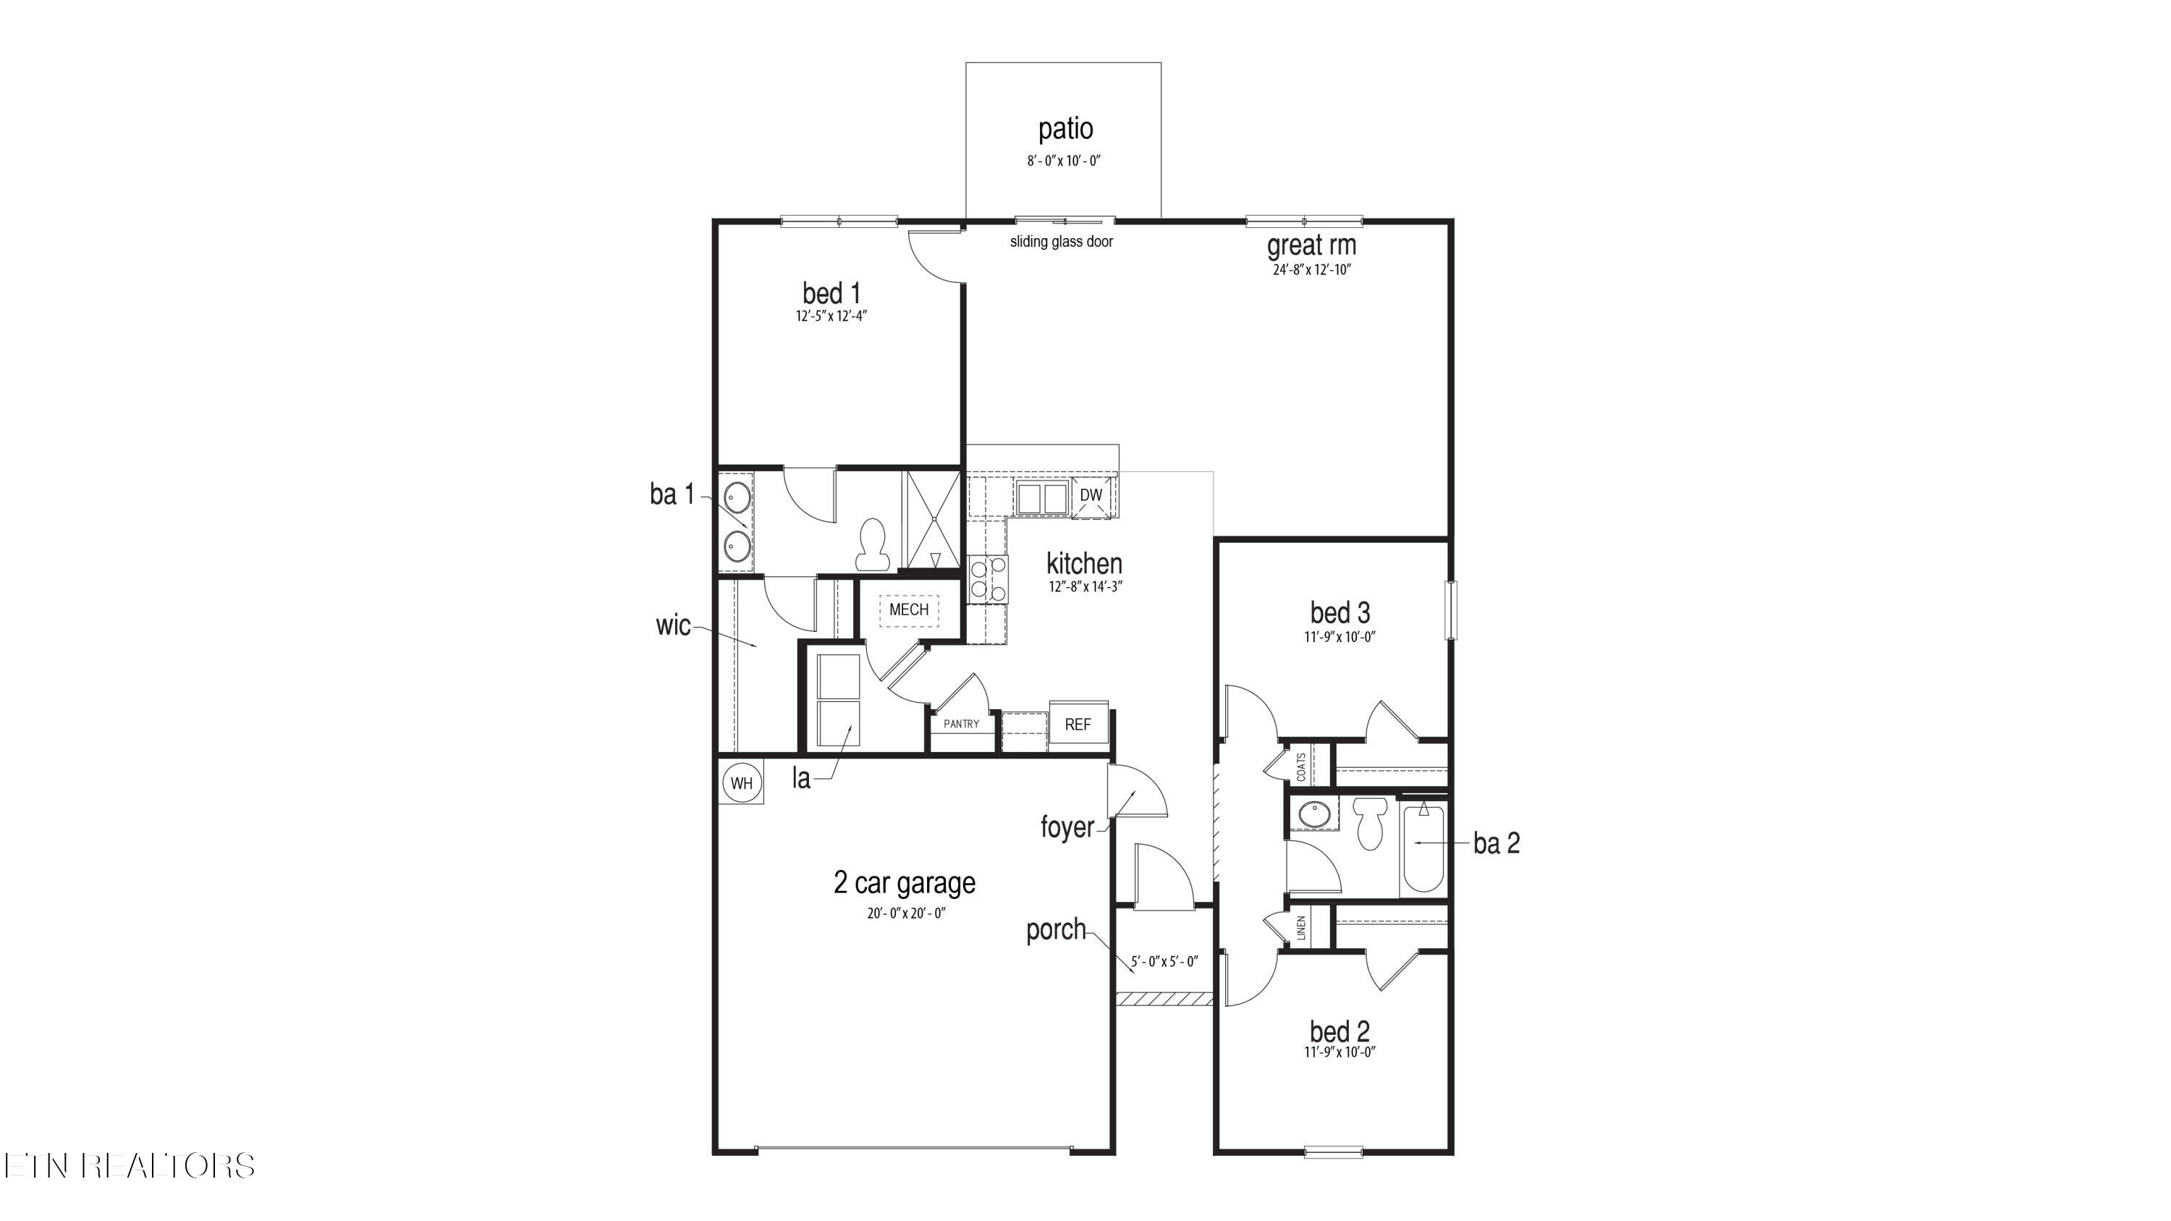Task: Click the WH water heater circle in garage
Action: pyautogui.click(x=741, y=783)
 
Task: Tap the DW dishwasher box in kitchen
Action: pyautogui.click(x=1091, y=496)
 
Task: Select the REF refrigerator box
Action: pyautogui.click(x=1078, y=724)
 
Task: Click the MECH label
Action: pyautogui.click(x=908, y=609)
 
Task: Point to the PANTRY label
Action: pyautogui.click(x=961, y=724)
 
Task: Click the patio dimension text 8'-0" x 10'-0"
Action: pyautogui.click(x=1064, y=161)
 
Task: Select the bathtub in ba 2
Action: pyautogui.click(x=1423, y=848)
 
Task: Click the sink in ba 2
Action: pyautogui.click(x=1312, y=815)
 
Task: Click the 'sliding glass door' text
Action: pyautogui.click(x=1061, y=242)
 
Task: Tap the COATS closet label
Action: pyautogui.click(x=1300, y=766)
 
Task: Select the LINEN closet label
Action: pyautogui.click(x=1300, y=928)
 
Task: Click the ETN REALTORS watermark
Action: pyautogui.click(x=128, y=1165)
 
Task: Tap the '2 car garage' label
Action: pyautogui.click(x=905, y=883)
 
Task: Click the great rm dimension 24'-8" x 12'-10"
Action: pyautogui.click(x=1311, y=271)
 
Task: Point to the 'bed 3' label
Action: pyautogui.click(x=1340, y=612)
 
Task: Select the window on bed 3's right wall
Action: pyautogui.click(x=1450, y=610)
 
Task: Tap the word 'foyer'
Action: pyautogui.click(x=1066, y=827)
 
